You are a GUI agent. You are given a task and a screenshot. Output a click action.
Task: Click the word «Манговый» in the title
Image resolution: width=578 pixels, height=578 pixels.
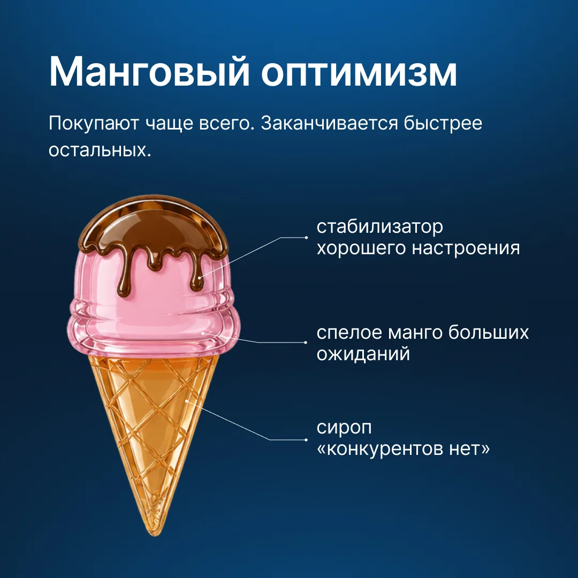click(149, 73)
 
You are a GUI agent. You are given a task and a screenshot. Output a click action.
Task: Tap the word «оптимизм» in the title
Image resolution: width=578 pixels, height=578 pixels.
click(359, 73)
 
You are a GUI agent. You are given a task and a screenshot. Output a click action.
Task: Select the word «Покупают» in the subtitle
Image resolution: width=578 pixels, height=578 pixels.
click(94, 124)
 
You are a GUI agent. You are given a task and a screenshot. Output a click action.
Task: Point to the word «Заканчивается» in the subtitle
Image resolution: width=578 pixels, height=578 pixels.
click(330, 124)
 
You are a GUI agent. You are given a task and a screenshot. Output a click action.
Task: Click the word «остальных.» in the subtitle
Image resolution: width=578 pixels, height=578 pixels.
click(100, 150)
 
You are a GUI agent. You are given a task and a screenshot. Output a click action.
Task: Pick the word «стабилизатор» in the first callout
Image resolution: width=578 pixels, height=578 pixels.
click(379, 227)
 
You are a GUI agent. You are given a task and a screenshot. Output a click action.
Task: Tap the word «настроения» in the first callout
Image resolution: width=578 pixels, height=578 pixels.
click(466, 248)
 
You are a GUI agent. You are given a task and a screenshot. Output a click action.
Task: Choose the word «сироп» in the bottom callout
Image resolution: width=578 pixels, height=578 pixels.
click(344, 428)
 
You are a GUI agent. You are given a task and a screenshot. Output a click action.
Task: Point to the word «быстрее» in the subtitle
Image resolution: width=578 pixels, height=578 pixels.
click(443, 124)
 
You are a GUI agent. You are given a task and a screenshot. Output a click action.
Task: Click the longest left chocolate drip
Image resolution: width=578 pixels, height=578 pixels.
click(124, 277)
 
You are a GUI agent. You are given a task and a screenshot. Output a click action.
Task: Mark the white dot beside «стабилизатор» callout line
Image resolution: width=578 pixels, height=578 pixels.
click(306, 238)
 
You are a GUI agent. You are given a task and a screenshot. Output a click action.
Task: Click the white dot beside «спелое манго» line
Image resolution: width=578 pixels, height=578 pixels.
click(306, 343)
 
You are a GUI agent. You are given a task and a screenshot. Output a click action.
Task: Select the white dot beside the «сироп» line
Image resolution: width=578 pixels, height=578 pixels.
click(306, 440)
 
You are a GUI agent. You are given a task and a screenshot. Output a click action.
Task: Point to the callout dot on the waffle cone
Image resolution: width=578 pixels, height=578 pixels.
click(187, 401)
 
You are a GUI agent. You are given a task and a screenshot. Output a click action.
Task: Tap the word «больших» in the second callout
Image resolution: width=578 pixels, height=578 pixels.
click(489, 333)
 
